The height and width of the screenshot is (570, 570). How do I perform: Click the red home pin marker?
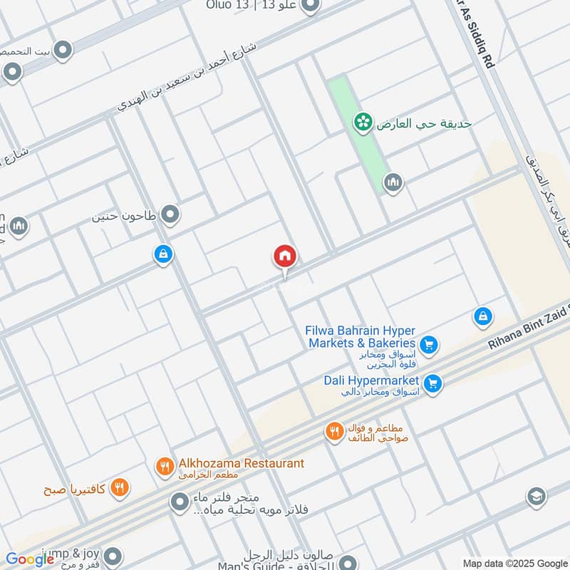pyautogui.click(x=285, y=256)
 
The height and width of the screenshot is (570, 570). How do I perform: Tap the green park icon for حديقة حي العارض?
pyautogui.click(x=363, y=123)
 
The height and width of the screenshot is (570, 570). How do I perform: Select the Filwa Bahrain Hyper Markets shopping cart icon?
pyautogui.click(x=428, y=346)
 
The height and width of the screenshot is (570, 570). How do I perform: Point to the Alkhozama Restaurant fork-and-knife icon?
pyautogui.click(x=165, y=467)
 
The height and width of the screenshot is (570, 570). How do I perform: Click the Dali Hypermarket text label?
pyautogui.click(x=370, y=380)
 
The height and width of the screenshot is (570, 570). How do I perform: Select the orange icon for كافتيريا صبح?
pyautogui.click(x=120, y=488)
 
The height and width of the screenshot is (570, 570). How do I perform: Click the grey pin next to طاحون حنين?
pyautogui.click(x=170, y=214)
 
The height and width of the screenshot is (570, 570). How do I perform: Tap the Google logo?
pyautogui.click(x=29, y=559)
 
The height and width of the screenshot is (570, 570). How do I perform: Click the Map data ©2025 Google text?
pyautogui.click(x=514, y=563)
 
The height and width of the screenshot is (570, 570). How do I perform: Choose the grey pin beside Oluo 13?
pyautogui.click(x=310, y=7)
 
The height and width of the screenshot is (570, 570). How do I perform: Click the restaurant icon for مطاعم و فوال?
pyautogui.click(x=334, y=432)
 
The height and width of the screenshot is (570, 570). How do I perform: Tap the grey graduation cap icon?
pyautogui.click(x=536, y=497)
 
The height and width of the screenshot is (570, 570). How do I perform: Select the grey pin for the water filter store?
pyautogui.click(x=179, y=504)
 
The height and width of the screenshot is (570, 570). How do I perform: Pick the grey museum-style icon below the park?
pyautogui.click(x=393, y=184)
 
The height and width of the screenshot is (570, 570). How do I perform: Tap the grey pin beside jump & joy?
pyautogui.click(x=113, y=556)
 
